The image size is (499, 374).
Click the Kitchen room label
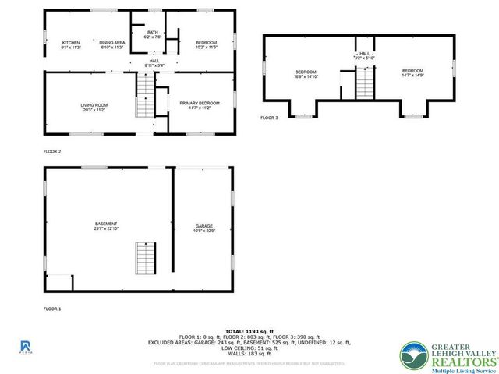point(71,42)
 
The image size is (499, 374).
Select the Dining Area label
point(113,42)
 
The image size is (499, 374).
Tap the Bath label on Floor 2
point(153,32)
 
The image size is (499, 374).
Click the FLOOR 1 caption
point(51,309)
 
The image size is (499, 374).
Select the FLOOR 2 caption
point(51,151)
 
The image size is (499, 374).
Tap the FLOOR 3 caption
point(269,118)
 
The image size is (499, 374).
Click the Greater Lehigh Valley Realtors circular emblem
point(415,356)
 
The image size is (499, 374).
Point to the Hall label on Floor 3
point(363,54)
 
